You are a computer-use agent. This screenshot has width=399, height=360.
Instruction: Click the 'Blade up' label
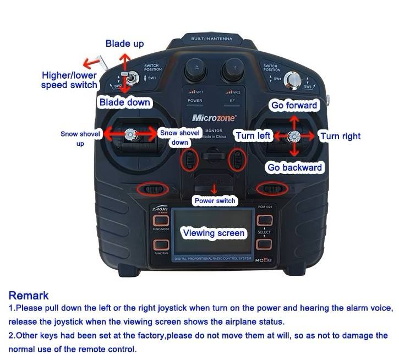coord(125,43)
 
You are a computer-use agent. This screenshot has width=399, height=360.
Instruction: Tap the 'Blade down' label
coord(124,102)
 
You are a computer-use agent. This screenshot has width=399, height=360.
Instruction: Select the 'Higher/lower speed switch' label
coord(69,80)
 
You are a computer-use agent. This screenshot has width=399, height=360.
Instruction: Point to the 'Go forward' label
coord(294,105)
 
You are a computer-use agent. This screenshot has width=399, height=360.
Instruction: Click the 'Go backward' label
coord(294,167)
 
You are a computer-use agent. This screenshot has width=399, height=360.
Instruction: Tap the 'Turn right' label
coord(340,136)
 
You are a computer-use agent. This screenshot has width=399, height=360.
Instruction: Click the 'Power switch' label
coord(215,201)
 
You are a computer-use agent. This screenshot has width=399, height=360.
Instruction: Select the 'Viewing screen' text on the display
coord(213,233)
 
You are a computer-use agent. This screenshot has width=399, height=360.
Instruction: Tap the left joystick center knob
coord(130,133)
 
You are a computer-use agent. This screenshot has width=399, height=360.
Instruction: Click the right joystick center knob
coord(294,136)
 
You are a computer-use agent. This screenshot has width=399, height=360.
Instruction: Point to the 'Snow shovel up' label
coord(80,138)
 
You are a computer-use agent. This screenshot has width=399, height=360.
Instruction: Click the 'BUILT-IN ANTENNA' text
coord(211,39)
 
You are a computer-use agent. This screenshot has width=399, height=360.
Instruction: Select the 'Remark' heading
coord(29,296)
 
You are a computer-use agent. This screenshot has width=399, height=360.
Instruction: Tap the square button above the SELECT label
coord(263,220)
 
